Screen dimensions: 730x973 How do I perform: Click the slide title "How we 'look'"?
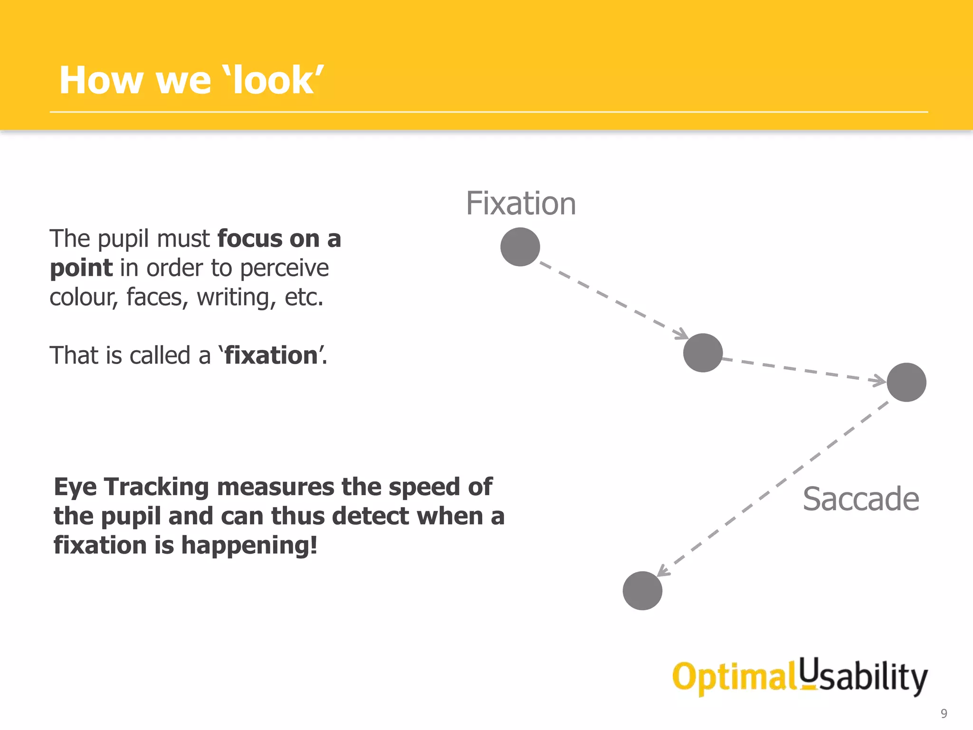click(x=191, y=80)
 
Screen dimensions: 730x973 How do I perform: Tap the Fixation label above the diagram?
click(x=521, y=203)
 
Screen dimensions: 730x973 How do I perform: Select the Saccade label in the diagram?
click(x=861, y=499)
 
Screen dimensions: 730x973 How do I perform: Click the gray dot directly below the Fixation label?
click(x=520, y=247)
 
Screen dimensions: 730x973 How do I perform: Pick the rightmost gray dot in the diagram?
click(x=906, y=382)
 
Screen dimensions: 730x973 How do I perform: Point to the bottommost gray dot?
click(x=642, y=590)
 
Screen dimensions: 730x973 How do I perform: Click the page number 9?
click(x=944, y=713)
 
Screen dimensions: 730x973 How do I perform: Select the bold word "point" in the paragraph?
click(x=81, y=268)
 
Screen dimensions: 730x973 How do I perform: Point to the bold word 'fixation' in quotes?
click(x=271, y=355)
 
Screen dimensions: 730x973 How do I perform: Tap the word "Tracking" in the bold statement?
click(x=156, y=487)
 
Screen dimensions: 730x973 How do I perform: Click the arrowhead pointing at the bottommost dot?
click(x=662, y=571)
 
